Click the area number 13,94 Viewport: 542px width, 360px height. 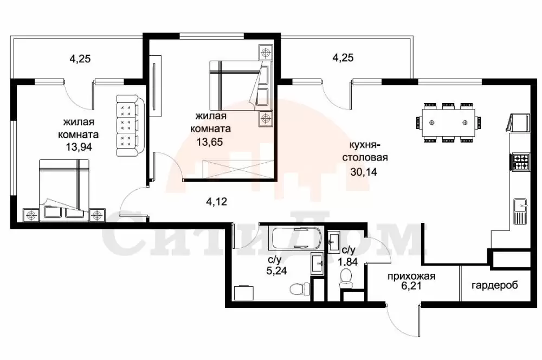coord(79,146)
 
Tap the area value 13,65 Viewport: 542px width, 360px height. coord(210,142)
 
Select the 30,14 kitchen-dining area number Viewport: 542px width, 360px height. coord(364,171)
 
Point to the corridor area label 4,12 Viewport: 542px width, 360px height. coord(216,201)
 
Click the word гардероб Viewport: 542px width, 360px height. coord(495,286)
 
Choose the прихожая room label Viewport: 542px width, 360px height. coord(411,277)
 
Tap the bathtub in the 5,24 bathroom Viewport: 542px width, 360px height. coord(295,238)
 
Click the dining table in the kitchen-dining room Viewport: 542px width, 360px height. coord(448,123)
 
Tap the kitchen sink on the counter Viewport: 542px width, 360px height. coord(520,211)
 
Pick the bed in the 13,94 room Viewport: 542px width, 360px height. coord(64,190)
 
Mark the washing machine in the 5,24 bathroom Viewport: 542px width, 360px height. coord(243,293)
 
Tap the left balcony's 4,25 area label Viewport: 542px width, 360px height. coord(80,59)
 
